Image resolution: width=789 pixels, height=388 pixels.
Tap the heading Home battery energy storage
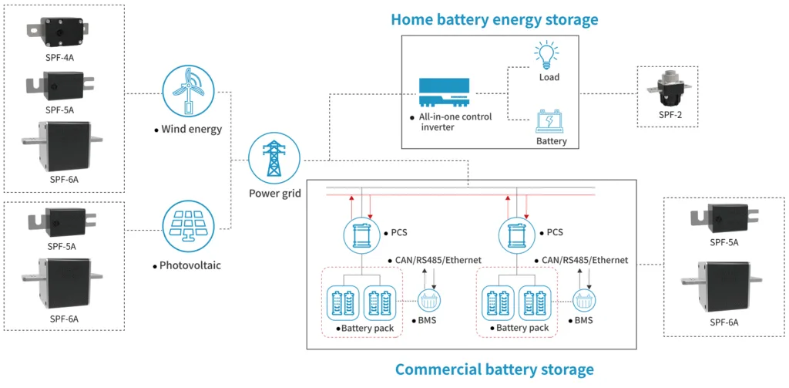[x=494, y=19]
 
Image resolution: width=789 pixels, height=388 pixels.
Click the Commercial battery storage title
[x=494, y=369]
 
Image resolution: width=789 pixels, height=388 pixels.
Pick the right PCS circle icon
[x=518, y=234]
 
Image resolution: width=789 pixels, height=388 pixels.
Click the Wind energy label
[x=191, y=129]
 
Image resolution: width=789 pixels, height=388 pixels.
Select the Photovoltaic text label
[x=190, y=265]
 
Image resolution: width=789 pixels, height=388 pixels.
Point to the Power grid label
[x=275, y=194]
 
